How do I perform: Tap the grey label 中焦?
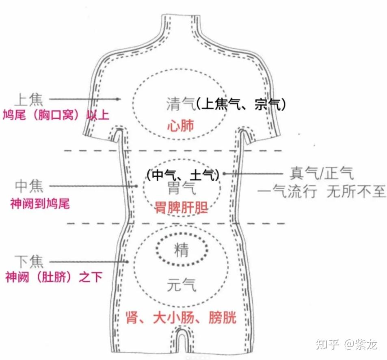tap(28, 187)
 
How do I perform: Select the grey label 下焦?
tap(28, 261)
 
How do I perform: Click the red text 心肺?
tap(181, 125)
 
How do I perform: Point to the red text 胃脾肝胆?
tap(182, 208)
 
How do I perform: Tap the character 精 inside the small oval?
tap(181, 250)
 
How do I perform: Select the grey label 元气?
tap(181, 286)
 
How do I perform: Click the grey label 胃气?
tap(182, 188)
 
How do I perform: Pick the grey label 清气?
tap(180, 104)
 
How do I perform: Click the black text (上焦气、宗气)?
tap(240, 104)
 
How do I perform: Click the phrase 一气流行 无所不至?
tap(322, 191)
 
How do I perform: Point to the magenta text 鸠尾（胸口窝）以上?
tap(56, 115)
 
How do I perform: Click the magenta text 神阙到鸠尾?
tap(40, 203)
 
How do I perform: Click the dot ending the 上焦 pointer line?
tap(118, 99)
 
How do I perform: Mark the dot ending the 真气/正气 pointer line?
tap(224, 173)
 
